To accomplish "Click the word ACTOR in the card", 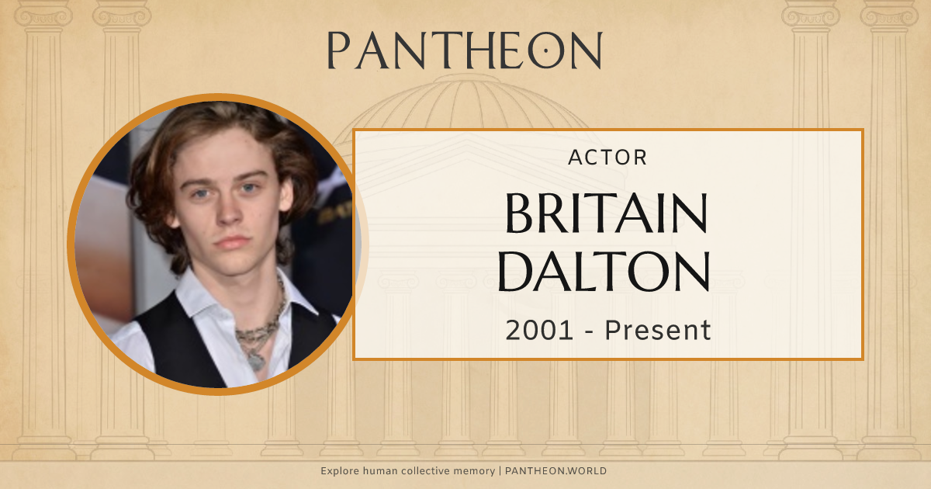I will coord(607,158).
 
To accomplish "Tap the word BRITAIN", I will coord(607,213).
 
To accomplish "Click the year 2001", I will coord(540,331).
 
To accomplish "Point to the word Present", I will coord(658,331).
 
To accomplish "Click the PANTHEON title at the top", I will coord(465,51).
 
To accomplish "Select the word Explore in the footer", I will coord(338,471).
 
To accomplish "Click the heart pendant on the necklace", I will coord(254,360).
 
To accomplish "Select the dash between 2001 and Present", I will coord(589,331).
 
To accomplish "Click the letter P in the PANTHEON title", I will coord(339,51).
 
